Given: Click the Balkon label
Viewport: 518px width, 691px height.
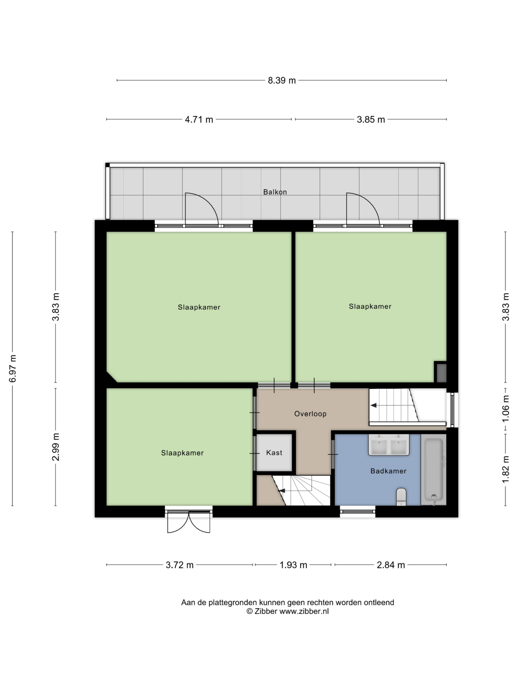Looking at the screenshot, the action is [x=275, y=192].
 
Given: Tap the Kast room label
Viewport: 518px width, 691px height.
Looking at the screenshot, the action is [x=274, y=453].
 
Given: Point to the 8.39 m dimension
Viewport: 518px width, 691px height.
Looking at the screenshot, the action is [x=282, y=80].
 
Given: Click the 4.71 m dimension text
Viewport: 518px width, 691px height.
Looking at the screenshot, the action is [x=199, y=119].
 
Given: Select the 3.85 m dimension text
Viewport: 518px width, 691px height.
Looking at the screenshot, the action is [x=371, y=119].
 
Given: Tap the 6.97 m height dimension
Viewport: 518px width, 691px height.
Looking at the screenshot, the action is [x=12, y=368].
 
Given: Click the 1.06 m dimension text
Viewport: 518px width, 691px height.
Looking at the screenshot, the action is [x=506, y=408].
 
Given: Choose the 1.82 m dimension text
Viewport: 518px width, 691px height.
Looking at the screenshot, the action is [x=506, y=469].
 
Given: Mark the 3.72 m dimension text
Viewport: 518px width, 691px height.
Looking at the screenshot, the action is [x=179, y=565].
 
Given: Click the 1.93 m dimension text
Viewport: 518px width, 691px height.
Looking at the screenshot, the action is [x=293, y=565].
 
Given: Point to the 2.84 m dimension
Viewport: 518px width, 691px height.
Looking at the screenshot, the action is [x=391, y=565].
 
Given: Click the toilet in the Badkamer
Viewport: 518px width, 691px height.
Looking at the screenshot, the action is [x=401, y=497].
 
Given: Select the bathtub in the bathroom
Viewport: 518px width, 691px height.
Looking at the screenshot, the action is [x=433, y=471].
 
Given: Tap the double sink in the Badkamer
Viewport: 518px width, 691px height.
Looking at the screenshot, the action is [x=389, y=445].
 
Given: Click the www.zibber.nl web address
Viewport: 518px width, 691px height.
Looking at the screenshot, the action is [x=304, y=611].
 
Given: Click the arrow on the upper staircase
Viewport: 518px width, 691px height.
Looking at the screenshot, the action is [x=373, y=405].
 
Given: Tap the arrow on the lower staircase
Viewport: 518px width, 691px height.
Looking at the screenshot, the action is [x=282, y=491].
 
